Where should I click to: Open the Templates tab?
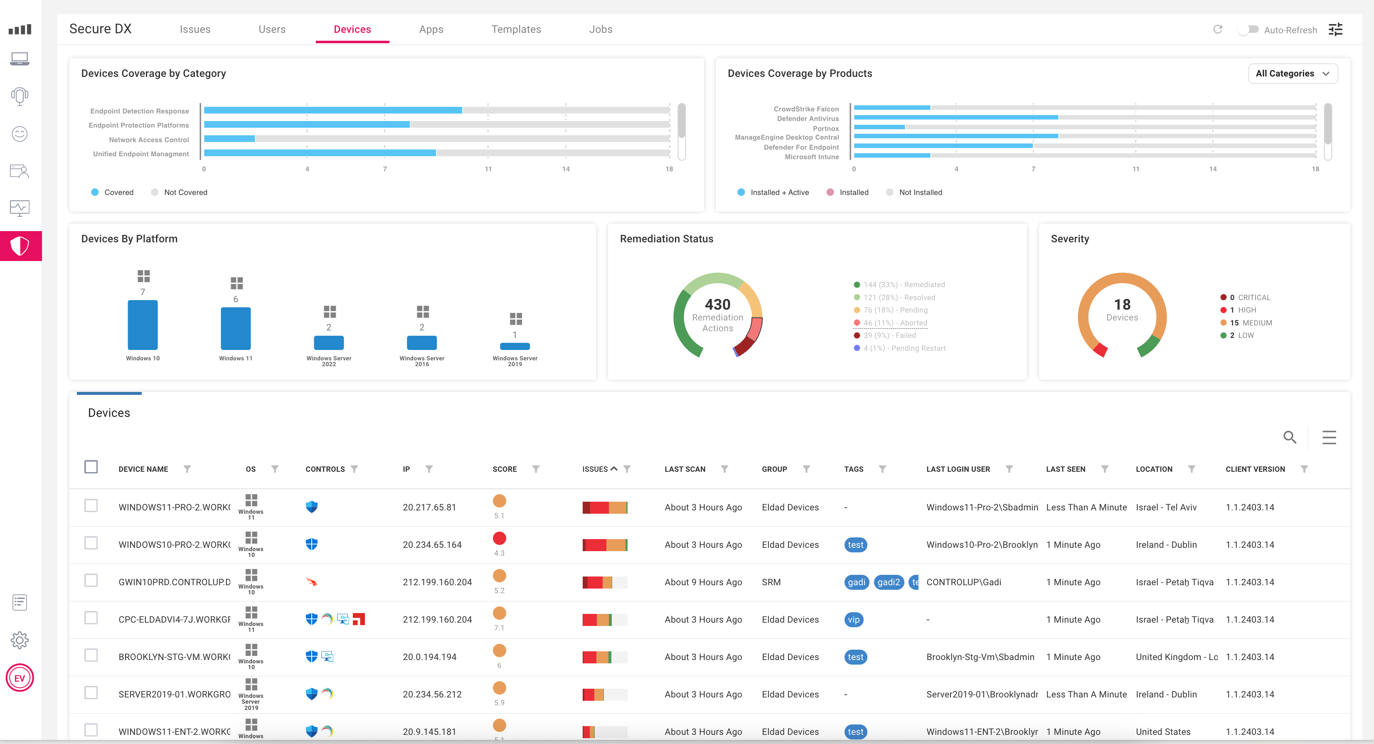[516, 30]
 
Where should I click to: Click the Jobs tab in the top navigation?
[600, 30]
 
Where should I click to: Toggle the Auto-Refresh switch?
[1248, 30]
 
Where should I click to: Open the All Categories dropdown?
[1293, 74]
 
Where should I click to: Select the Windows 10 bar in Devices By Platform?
[143, 325]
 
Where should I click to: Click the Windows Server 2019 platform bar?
[514, 346]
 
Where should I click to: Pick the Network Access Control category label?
[149, 140]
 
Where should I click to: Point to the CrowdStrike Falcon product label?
[806, 109]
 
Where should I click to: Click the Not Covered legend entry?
[185, 192]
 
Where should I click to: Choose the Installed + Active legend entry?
[779, 192]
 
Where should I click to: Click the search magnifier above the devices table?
[1289, 437]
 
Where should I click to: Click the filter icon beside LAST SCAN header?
[724, 469]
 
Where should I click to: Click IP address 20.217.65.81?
[429, 507]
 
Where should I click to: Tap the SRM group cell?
[771, 582]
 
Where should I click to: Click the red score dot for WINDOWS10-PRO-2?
[499, 538]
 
